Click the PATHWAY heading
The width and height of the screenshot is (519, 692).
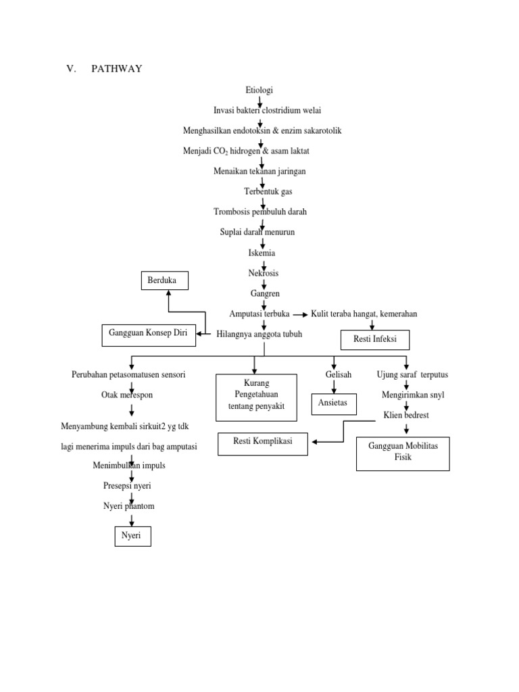pos(118,68)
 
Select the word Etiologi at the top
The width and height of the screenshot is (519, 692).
pos(260,90)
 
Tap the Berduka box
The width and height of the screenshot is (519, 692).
pos(165,280)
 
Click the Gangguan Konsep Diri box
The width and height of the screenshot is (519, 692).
pos(149,334)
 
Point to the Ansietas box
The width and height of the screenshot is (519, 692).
pos(333,403)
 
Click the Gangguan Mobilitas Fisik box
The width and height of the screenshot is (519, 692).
pos(403,453)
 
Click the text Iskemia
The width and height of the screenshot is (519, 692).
pos(262,253)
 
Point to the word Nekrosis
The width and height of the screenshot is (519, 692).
pos(263,273)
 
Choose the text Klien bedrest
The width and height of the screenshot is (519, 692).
pos(406,415)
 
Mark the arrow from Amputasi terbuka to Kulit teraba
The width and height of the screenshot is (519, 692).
pos(301,314)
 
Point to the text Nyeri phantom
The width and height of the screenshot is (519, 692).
pos(129,505)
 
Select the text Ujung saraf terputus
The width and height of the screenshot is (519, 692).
pos(412,374)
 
